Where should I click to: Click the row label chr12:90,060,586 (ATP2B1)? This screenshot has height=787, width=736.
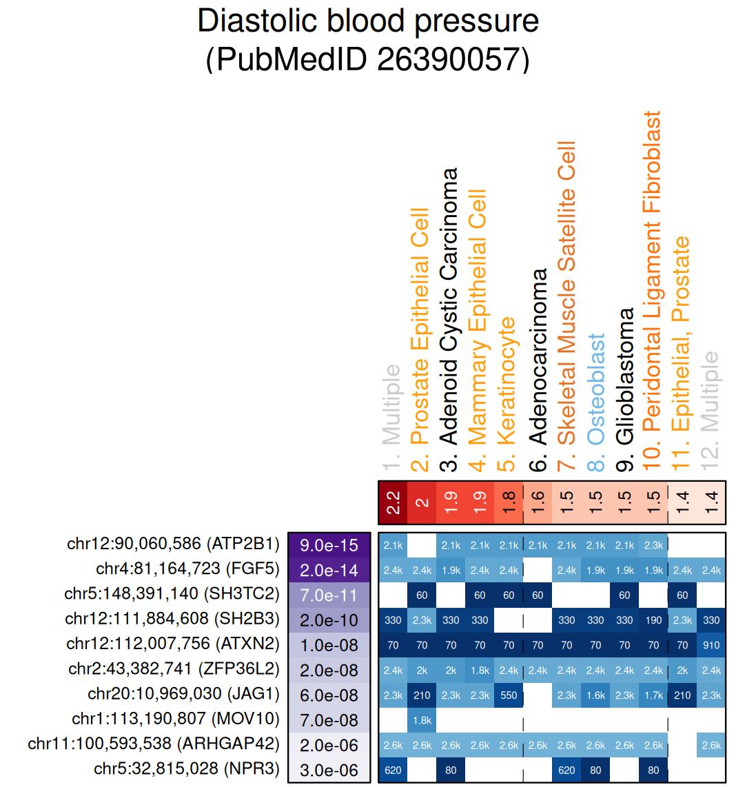pos(173,544)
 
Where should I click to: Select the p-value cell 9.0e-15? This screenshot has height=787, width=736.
pos(329,545)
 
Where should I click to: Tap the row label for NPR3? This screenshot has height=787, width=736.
pos(187,769)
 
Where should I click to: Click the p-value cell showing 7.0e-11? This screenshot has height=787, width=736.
pos(329,595)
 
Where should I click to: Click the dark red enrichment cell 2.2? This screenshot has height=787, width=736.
pos(393,502)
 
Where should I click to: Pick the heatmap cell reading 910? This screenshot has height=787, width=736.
pos(711,646)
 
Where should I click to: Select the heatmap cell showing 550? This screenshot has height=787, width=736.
pos(509,695)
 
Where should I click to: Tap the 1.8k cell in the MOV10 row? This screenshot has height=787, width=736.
pos(422,720)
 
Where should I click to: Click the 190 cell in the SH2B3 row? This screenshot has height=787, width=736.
pos(653,620)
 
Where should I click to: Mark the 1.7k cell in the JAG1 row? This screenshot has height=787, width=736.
pos(653,695)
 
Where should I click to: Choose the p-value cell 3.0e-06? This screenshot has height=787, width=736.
pos(329,770)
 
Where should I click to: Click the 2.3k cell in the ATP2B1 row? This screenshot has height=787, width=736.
pos(653,545)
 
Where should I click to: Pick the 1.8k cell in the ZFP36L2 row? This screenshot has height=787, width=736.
pos(480,671)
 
